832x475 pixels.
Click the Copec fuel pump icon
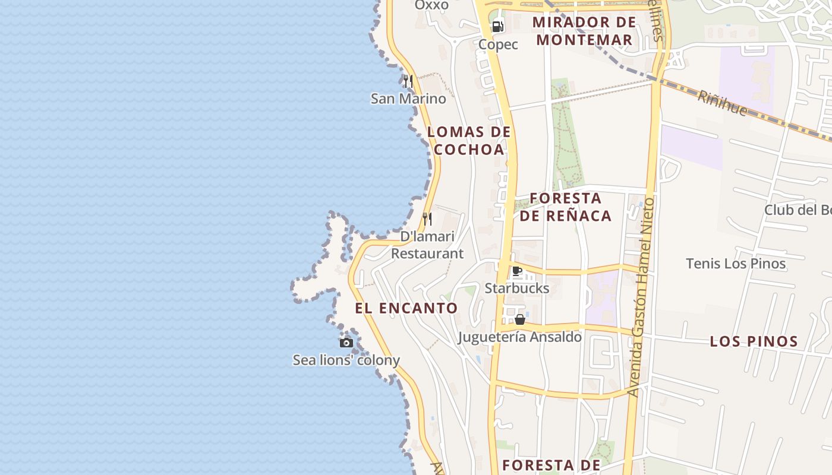coord(498,27)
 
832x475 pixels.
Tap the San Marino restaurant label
coord(408,99)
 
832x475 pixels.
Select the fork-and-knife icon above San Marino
coord(408,81)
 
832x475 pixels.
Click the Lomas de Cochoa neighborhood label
coord(469,141)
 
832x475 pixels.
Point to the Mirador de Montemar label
coord(584,31)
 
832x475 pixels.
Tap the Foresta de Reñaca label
coord(565,207)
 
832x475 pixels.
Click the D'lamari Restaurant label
coord(427,245)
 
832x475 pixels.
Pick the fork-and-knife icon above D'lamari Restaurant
coord(427,219)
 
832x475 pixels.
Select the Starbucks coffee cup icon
coord(517,272)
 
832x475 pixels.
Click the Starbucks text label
coord(517,289)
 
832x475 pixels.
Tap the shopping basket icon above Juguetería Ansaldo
coord(520,319)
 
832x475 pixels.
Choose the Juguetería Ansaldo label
coord(520,337)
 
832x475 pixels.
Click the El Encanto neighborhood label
coord(406,308)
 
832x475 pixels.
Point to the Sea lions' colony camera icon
coord(346,343)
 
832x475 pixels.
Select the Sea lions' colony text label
coord(346,360)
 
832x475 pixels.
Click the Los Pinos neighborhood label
coord(754,341)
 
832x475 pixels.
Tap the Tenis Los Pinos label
coord(736,264)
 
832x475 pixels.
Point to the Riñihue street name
coord(722,103)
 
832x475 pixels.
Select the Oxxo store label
coord(431,5)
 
